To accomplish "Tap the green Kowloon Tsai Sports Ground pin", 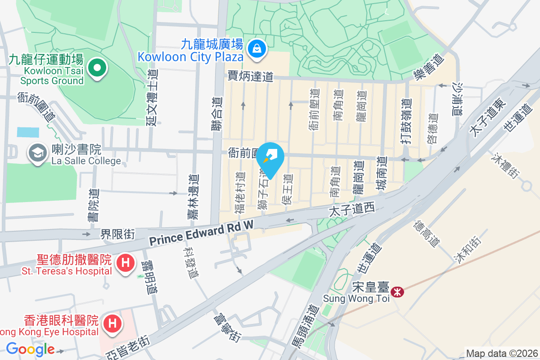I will pyautogui.click(x=97, y=69).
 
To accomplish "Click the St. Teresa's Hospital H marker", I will pyautogui.click(x=126, y=262).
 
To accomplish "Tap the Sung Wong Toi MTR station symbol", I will pyautogui.click(x=397, y=292).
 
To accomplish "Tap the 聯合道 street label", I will pyautogui.click(x=218, y=115).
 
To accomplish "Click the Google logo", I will pyautogui.click(x=30, y=349).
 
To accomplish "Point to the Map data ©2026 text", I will pyautogui.click(x=502, y=353).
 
